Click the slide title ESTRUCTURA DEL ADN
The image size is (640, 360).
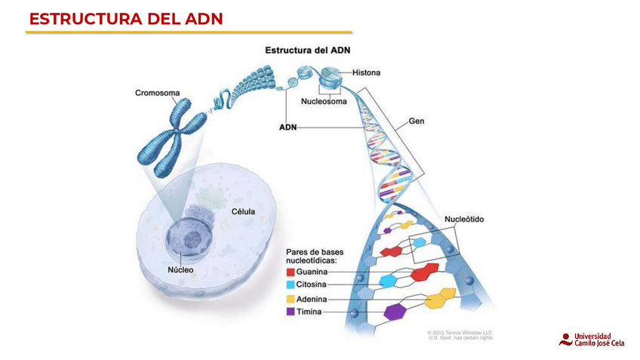126,19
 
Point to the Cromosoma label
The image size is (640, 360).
157,93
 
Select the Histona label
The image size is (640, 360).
366,73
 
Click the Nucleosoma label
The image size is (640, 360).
324,101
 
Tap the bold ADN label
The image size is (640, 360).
287,128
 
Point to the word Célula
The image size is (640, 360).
242,212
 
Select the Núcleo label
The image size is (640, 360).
181,269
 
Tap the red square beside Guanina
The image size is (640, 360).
290,271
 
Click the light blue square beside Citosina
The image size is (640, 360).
290,285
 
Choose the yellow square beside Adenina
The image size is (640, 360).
290,299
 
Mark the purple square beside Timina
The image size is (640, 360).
290,311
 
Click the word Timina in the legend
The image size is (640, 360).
309,311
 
